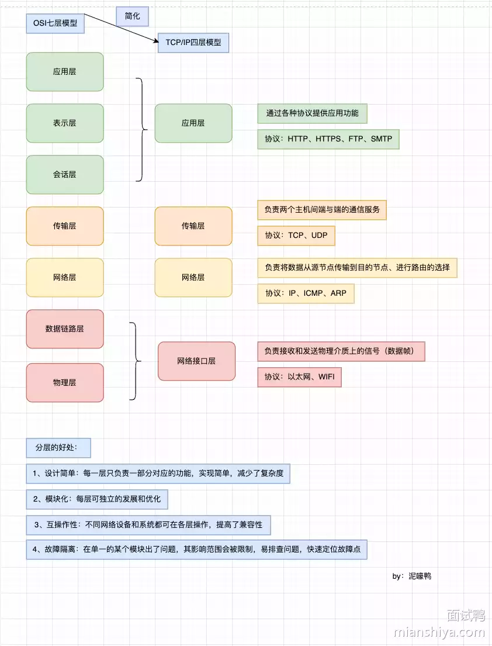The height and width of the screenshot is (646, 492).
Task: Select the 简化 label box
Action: (x=132, y=16)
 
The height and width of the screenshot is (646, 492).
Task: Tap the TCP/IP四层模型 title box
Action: (x=193, y=43)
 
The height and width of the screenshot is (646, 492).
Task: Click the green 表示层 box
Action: (x=65, y=123)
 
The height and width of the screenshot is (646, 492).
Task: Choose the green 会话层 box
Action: (x=65, y=175)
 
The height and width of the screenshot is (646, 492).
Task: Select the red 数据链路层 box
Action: (x=65, y=329)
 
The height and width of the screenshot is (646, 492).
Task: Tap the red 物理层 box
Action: (x=65, y=383)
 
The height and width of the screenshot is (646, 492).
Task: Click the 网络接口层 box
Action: (x=196, y=361)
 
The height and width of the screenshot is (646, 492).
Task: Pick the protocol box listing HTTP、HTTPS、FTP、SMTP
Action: (x=328, y=140)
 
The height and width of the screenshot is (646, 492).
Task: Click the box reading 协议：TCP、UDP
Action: (x=296, y=235)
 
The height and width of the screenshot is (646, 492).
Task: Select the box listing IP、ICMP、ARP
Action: (x=306, y=293)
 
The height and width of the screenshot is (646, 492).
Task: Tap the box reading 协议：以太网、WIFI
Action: (x=299, y=377)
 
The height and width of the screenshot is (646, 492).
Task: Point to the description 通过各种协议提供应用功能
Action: (x=312, y=113)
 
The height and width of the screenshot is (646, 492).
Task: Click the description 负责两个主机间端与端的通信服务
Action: (x=322, y=209)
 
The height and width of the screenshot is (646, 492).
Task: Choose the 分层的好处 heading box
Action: (x=58, y=448)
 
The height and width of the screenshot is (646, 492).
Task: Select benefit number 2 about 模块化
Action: (x=97, y=499)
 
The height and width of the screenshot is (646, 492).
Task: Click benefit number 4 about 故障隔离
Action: (x=196, y=550)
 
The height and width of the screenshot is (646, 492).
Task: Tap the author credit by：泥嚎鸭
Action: (x=411, y=576)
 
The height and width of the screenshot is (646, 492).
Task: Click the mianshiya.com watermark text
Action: (x=439, y=633)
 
